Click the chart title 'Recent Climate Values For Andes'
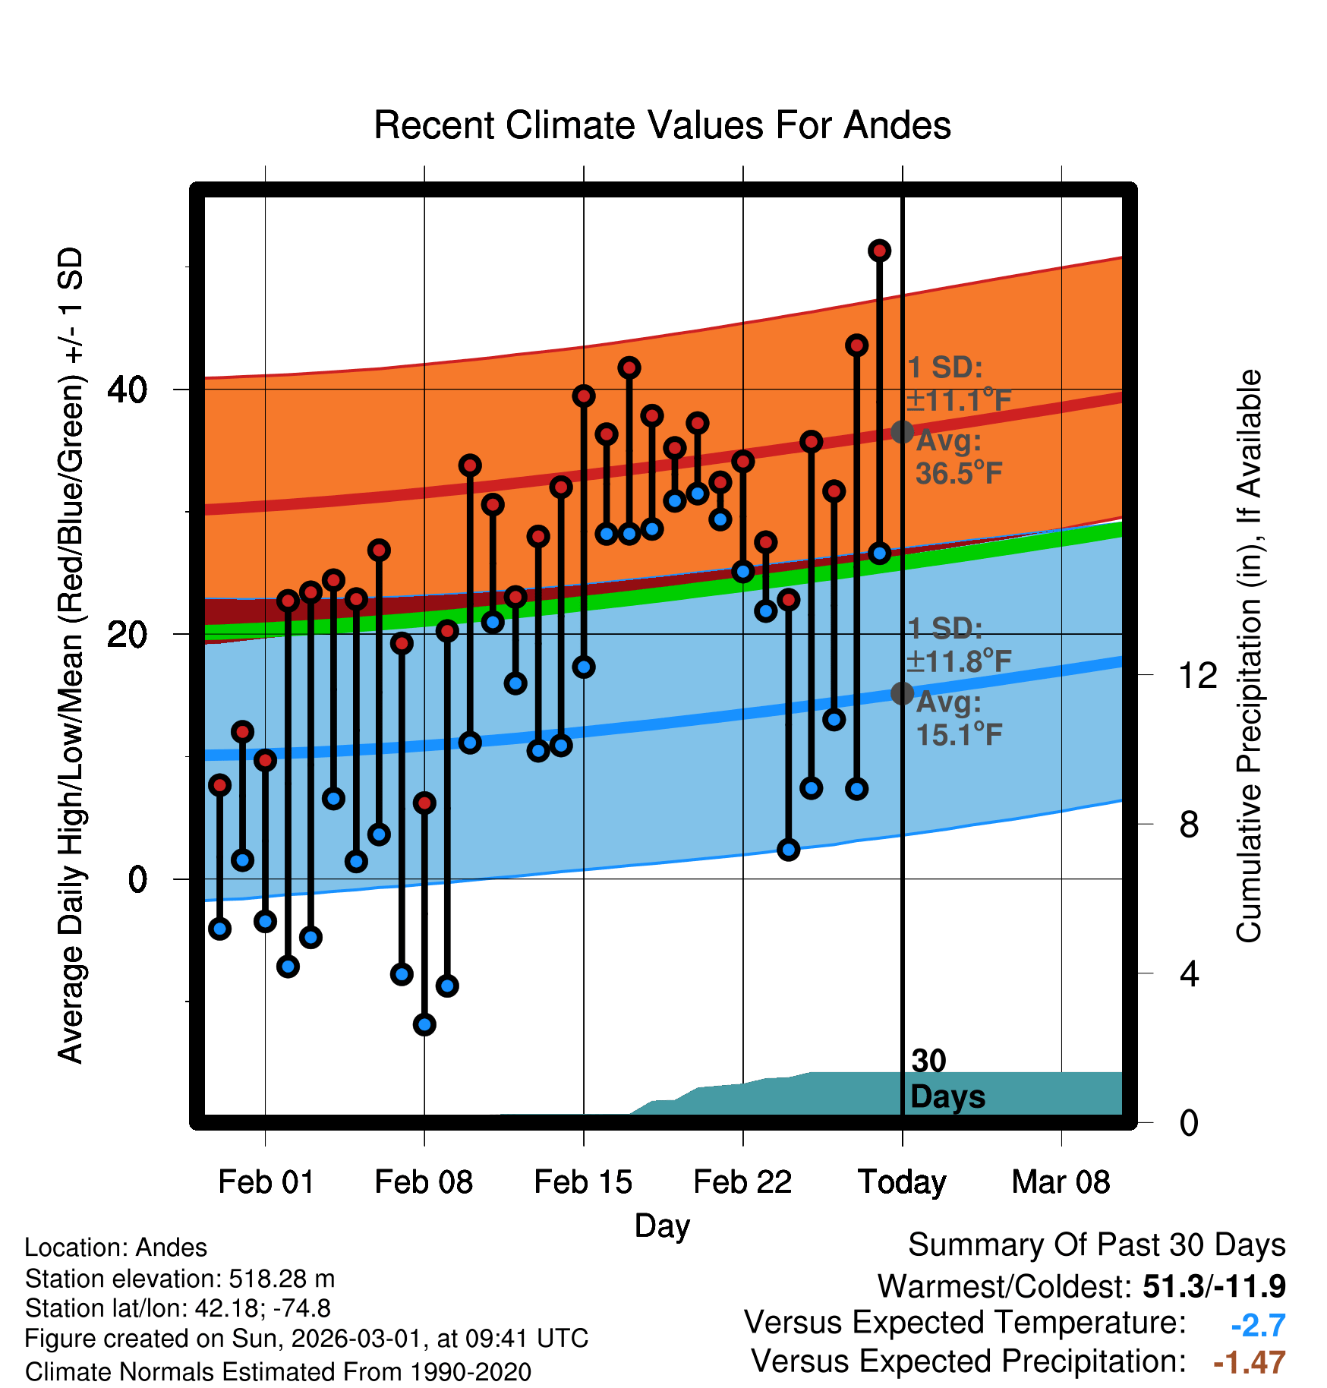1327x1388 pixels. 662,125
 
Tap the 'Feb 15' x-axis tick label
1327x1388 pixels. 583,1181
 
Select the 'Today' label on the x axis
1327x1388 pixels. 902,1181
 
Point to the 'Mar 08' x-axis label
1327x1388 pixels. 1061,1181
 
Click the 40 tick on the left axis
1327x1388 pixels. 127,390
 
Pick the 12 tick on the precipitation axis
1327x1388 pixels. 1198,675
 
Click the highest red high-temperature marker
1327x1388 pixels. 879,251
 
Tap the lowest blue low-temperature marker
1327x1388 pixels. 424,1024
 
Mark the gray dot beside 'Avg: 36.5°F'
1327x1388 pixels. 902,432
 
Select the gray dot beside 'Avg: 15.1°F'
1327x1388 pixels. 902,692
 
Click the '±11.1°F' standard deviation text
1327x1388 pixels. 959,400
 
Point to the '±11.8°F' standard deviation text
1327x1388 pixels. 959,661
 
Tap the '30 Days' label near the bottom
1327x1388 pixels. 947,1079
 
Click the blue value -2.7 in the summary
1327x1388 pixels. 1258,1325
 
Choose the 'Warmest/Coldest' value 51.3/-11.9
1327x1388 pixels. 1214,1286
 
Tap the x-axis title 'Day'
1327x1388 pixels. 662,1226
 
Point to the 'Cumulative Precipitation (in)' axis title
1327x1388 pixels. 1249,657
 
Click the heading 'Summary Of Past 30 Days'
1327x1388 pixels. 1096,1245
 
